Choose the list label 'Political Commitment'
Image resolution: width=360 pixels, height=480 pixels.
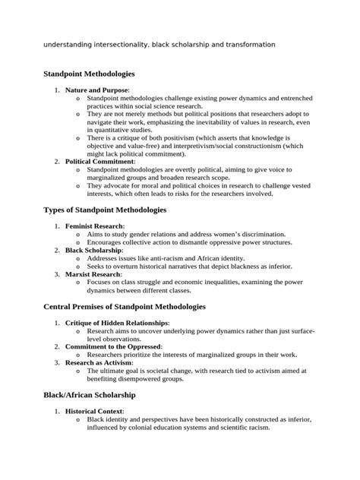(99, 161)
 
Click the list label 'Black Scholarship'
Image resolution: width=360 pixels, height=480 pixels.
(95, 250)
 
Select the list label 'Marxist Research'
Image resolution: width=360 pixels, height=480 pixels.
(94, 274)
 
